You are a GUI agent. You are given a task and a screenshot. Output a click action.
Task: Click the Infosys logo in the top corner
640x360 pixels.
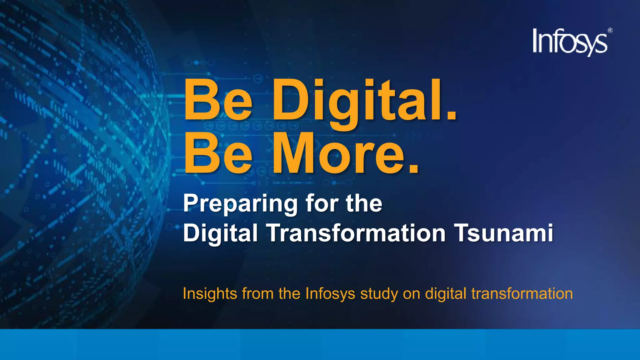(570, 42)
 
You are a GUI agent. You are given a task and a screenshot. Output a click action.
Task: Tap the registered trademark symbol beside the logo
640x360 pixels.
(610, 31)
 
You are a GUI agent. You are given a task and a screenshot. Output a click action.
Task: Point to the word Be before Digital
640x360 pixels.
(218, 101)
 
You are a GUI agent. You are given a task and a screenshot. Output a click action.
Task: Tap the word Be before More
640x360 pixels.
(218, 154)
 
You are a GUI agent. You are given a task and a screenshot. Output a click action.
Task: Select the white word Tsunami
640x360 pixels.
(504, 233)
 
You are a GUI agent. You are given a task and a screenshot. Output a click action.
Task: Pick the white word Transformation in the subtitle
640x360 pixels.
(356, 233)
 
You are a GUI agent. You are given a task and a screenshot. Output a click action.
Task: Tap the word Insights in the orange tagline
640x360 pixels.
(210, 293)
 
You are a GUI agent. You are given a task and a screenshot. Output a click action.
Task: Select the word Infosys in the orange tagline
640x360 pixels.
(330, 294)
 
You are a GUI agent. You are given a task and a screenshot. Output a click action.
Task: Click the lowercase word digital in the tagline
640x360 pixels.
(446, 294)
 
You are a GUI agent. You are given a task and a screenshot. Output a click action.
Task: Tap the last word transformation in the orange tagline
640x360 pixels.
(522, 293)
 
